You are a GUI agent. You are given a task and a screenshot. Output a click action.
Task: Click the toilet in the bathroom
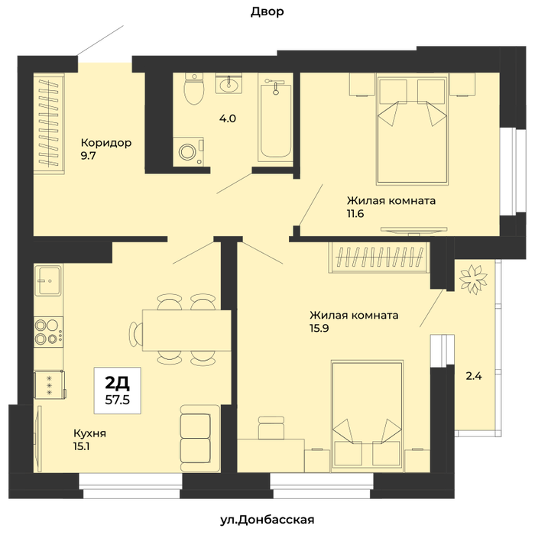tap(194, 88)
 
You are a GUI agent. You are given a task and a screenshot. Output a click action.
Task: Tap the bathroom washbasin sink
tap(229, 83)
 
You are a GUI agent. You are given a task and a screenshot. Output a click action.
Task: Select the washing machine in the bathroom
tap(188, 152)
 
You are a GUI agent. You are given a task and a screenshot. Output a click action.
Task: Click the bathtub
tap(274, 118)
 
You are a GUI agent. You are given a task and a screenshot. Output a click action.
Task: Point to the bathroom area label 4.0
tap(228, 118)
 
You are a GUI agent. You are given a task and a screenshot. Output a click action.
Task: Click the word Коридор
tap(106, 143)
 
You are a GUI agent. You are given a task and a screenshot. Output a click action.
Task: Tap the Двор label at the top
tap(267, 11)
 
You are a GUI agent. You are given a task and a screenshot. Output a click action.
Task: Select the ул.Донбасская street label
tap(267, 520)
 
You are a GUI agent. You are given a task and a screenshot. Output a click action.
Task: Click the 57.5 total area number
tap(118, 400)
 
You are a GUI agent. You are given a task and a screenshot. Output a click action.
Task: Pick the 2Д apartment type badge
tap(118, 383)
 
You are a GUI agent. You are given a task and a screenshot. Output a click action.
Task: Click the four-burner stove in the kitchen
tap(48, 332)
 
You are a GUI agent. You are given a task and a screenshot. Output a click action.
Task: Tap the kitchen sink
tap(49, 280)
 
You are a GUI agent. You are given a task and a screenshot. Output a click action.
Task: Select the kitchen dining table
tap(186, 330)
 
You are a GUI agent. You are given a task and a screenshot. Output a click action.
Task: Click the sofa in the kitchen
tap(200, 439)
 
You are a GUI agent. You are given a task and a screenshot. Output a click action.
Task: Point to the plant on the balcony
tap(474, 279)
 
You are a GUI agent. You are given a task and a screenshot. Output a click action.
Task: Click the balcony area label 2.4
tap(474, 376)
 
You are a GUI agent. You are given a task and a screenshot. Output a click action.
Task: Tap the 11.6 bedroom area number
tap(355, 213)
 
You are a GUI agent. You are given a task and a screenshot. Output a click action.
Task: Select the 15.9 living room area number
tap(319, 328)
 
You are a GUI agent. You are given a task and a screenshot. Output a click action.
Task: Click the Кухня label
tap(89, 433)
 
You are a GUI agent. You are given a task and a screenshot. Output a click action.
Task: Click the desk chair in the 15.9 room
tap(271, 427)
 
